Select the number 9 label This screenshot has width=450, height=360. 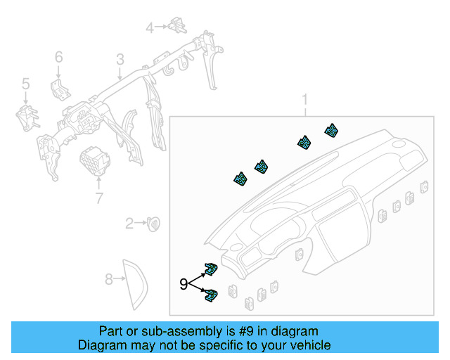point(184,284)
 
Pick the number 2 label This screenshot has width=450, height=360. point(129,224)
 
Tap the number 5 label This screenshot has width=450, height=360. point(25,84)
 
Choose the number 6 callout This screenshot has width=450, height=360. point(59,56)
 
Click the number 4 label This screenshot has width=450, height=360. point(149,27)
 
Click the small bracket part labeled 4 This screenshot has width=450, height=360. point(176,26)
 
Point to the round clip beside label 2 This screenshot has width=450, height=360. point(153,223)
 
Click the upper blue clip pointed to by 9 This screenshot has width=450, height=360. point(211,270)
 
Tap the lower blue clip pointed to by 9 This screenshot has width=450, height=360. point(211,296)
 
